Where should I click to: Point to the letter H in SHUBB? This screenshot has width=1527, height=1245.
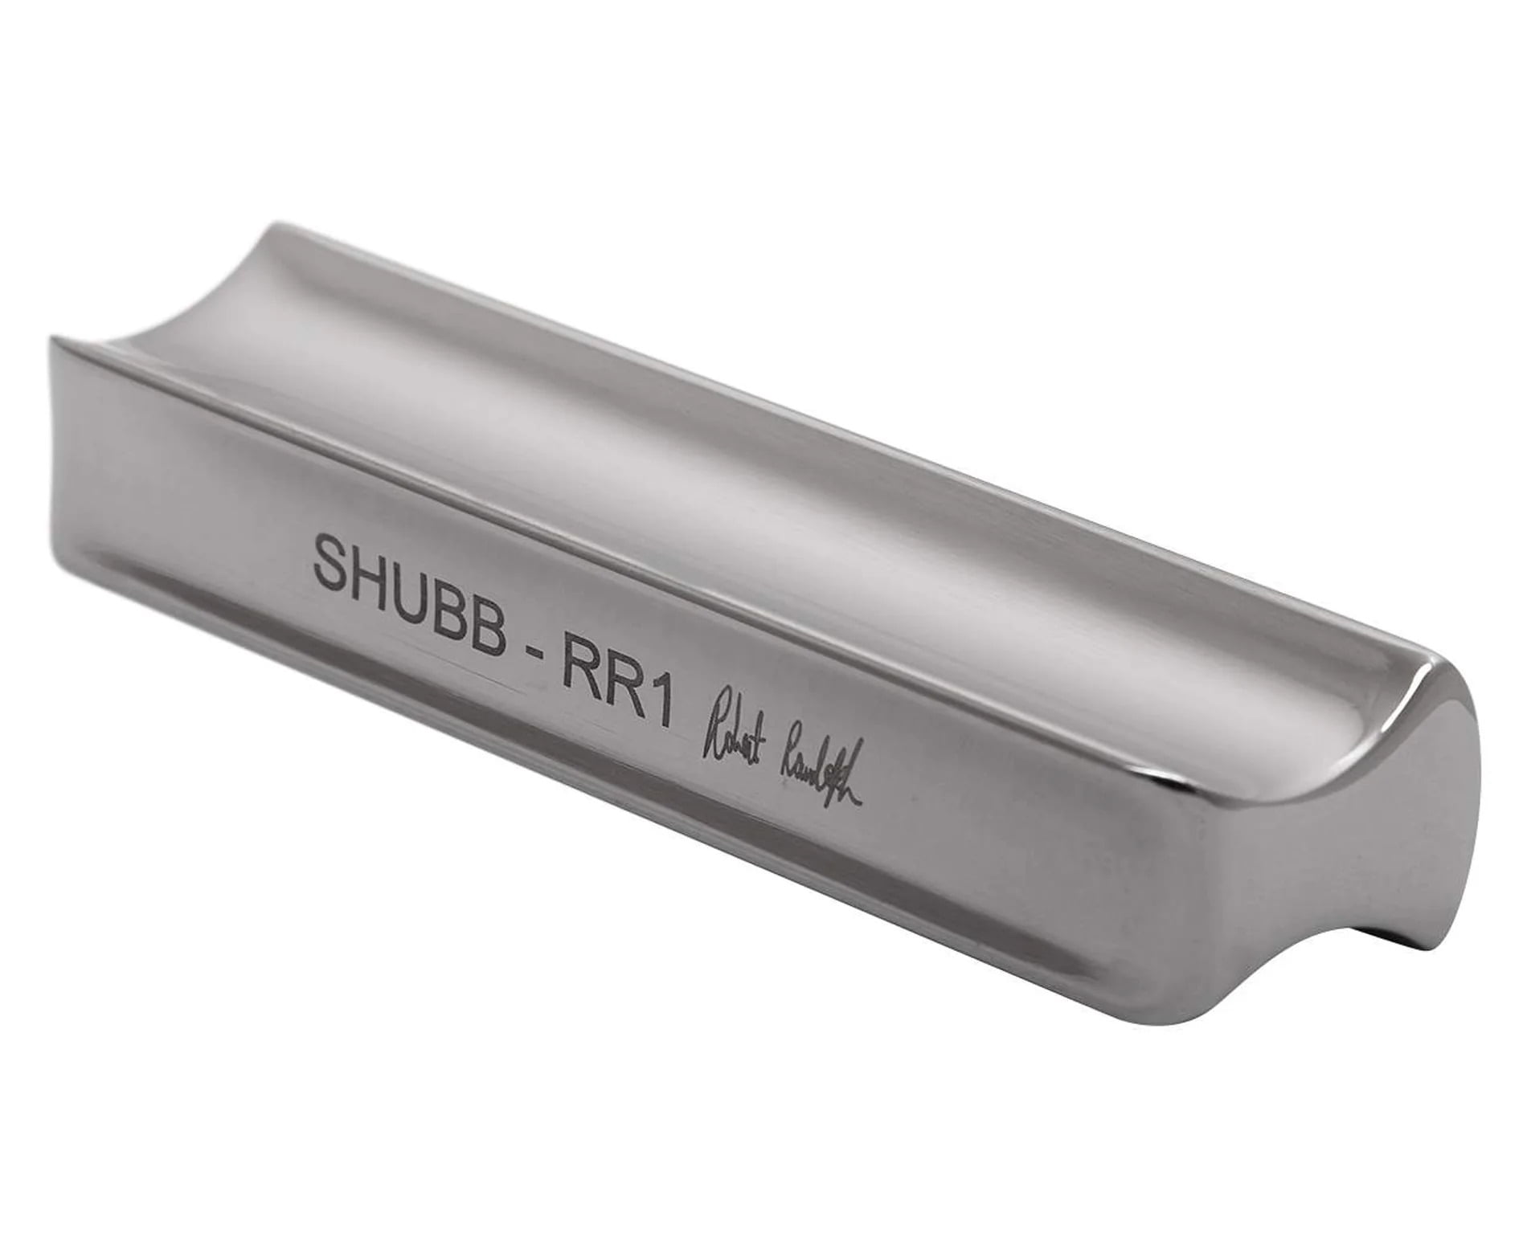(375, 571)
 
